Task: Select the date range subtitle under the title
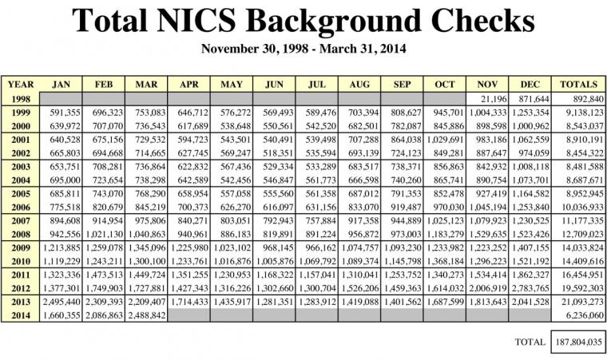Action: pyautogui.click(x=303, y=49)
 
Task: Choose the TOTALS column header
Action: pyautogui.click(x=579, y=84)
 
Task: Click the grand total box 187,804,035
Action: pyautogui.click(x=578, y=342)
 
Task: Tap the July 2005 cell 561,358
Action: pyautogui.click(x=319, y=193)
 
